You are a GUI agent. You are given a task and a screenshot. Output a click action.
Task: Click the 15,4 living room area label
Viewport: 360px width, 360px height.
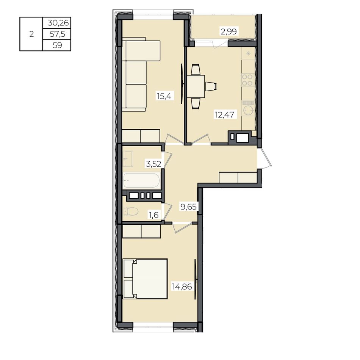point(164,95)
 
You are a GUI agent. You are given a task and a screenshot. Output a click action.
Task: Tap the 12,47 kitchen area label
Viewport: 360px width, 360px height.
point(225,114)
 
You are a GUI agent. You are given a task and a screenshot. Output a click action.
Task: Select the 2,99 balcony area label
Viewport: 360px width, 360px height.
point(229,31)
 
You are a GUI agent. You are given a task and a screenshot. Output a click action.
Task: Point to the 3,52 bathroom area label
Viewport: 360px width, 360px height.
point(153,164)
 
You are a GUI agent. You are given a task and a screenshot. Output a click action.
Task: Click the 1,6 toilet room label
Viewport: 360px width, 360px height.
point(154,215)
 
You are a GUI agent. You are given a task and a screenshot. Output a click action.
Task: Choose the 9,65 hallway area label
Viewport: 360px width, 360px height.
point(188,207)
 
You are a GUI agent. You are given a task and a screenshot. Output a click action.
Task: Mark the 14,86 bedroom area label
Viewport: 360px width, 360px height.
point(182,286)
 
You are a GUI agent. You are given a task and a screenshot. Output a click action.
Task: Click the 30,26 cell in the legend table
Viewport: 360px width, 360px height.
point(58,23)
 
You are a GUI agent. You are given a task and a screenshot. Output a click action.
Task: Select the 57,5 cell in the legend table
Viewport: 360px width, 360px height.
point(57,34)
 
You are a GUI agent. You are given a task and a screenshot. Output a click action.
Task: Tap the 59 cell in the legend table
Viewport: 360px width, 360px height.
point(57,45)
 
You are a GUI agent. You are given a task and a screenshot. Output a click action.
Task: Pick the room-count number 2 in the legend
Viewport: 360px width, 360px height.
point(31,34)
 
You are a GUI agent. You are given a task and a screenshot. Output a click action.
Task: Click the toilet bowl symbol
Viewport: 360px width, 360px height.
point(131,211)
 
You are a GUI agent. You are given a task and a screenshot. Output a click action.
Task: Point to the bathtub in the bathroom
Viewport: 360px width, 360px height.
point(141,181)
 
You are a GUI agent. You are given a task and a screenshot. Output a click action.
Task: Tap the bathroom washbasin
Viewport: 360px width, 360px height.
point(128,159)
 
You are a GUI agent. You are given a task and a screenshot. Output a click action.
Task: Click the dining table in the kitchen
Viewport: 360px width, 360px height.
point(196,86)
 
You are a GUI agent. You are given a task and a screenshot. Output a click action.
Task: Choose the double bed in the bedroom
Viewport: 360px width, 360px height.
point(146,279)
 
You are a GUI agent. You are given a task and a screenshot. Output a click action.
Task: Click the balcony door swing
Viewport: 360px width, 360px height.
point(220,44)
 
